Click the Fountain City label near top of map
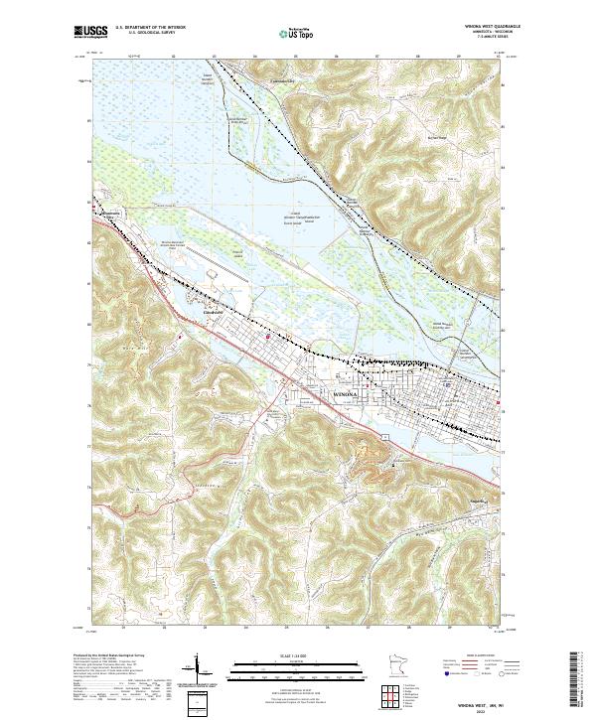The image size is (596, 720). (x=262, y=71)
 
